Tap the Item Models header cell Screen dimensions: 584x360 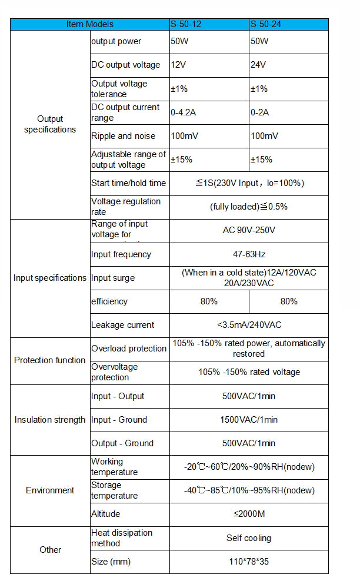pyautogui.click(x=90, y=24)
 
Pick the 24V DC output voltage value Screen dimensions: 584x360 pyautogui.click(x=258, y=65)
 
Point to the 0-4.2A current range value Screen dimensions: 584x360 pyautogui.click(x=182, y=112)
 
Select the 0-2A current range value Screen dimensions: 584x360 pyautogui.click(x=260, y=112)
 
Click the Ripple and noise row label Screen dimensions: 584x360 pyautogui.click(x=124, y=136)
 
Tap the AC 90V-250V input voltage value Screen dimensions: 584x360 pyautogui.click(x=249, y=230)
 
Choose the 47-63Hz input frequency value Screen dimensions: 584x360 pyautogui.click(x=249, y=254)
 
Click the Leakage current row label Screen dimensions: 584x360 pyautogui.click(x=122, y=325)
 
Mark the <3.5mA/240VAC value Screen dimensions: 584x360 pyautogui.click(x=249, y=325)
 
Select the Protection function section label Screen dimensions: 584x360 pyautogui.click(x=50, y=360)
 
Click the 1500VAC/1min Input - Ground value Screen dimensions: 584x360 pyautogui.click(x=249, y=420)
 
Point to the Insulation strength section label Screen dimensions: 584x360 pyautogui.click(x=50, y=420)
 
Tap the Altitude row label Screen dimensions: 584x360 pyautogui.click(x=106, y=514)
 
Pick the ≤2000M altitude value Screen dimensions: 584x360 pyautogui.click(x=249, y=514)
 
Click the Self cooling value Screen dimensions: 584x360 pyautogui.click(x=249, y=538)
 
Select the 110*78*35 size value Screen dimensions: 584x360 pyautogui.click(x=249, y=562)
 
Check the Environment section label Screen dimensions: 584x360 pyautogui.click(x=50, y=490)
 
